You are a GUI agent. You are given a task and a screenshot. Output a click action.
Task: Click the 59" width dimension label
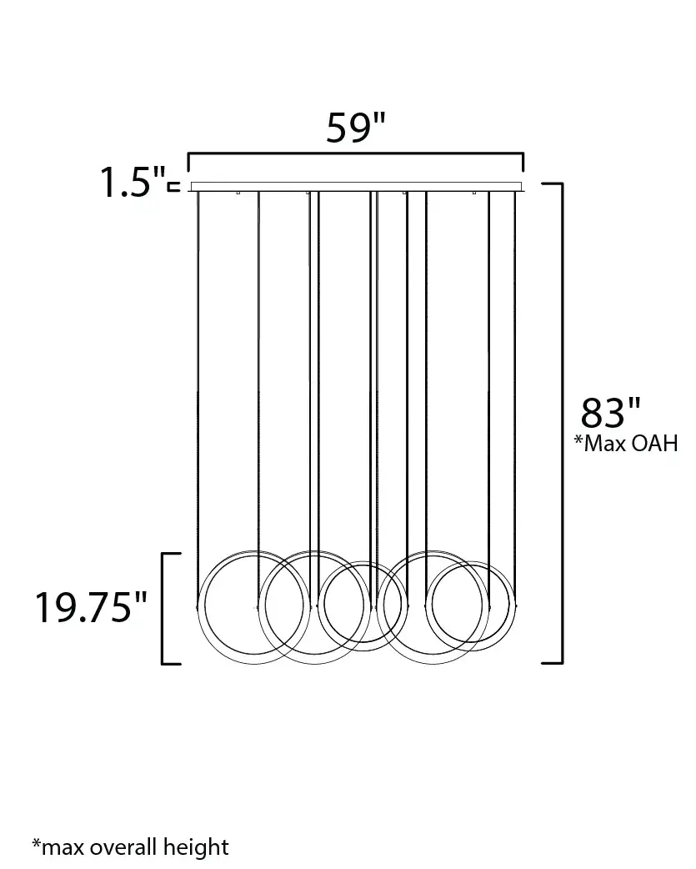tap(355, 128)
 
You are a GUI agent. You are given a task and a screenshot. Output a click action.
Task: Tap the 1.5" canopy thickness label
tap(133, 182)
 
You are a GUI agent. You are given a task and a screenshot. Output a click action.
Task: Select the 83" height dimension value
tap(610, 413)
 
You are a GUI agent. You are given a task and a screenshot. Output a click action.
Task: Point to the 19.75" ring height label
tap(92, 607)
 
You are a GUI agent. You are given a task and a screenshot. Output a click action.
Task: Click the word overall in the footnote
tap(123, 846)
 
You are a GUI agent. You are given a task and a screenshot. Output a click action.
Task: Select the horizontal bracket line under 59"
tap(355, 153)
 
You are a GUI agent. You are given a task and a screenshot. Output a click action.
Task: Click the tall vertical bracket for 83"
tap(562, 422)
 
